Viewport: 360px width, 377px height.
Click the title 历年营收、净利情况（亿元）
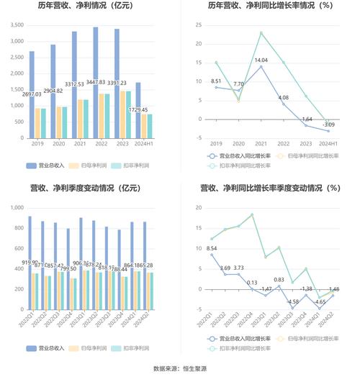[x=90, y=6]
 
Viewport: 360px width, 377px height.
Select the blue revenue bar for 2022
[x=96, y=72]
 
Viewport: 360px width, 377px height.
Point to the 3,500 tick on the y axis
[x=16, y=24]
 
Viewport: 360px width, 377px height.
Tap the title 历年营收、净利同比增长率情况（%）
[x=270, y=6]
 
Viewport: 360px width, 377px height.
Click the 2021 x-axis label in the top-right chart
[x=261, y=144]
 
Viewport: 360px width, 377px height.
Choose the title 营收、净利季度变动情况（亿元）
[x=90, y=189]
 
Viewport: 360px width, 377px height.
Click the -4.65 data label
[x=319, y=302]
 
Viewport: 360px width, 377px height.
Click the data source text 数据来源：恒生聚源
[x=180, y=368]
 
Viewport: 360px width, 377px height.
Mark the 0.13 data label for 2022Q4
[x=251, y=283]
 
